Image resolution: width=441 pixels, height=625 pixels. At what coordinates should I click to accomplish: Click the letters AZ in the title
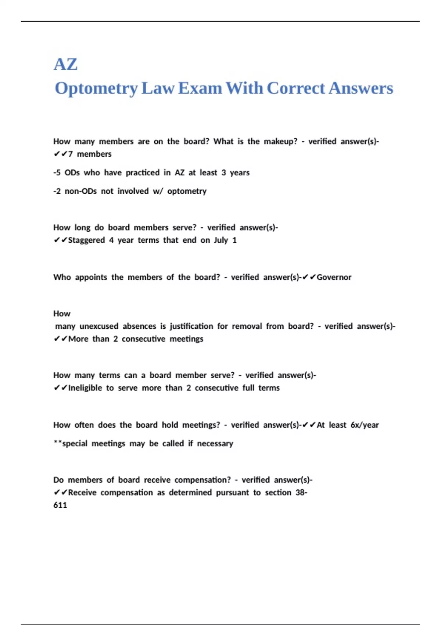65,64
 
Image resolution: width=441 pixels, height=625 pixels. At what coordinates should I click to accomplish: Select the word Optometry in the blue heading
96,89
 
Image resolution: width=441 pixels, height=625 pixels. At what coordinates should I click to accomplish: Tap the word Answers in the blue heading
361,88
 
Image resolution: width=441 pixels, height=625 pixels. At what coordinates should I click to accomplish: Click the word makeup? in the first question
280,142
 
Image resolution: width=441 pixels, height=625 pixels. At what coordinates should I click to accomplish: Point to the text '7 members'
90,154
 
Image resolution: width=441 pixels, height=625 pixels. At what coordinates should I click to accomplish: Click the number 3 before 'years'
223,173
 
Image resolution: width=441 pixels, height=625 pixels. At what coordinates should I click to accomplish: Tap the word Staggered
86,240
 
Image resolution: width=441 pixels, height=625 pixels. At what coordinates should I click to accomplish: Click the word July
221,240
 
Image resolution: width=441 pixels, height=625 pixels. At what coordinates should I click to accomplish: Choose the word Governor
334,277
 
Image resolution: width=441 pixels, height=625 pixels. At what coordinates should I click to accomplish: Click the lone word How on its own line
62,314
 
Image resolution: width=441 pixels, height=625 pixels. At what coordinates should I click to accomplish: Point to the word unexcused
99,326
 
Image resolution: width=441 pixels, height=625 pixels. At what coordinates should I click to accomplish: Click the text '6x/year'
365,425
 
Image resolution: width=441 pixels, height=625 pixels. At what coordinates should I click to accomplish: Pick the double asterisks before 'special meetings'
58,443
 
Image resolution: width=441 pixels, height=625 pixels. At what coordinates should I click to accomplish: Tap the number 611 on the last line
60,505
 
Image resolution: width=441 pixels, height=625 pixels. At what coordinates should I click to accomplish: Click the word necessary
215,444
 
